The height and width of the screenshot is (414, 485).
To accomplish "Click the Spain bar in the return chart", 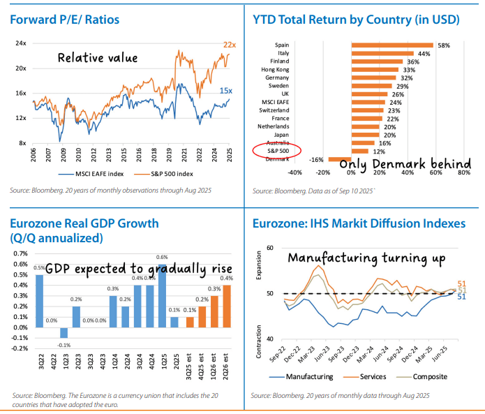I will [x=393, y=45].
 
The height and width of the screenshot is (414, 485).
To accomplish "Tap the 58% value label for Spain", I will [x=444, y=45].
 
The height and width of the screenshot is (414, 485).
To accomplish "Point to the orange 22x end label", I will [x=230, y=45].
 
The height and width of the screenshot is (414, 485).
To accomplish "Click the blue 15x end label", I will [x=226, y=91].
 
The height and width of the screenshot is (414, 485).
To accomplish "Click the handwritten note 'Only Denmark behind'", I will [x=405, y=163].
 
